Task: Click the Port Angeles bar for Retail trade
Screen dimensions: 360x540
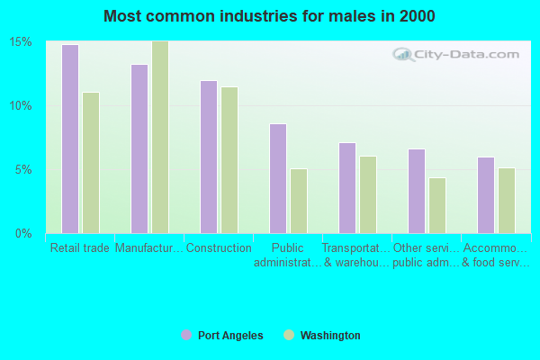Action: (69, 139)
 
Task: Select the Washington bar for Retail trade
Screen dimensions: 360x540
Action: (90, 163)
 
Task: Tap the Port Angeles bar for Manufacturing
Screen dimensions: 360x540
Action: (139, 148)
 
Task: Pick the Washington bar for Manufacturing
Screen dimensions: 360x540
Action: (159, 137)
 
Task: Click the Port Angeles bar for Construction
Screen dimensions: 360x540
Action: (208, 157)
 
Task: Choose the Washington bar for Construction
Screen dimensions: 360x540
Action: (229, 160)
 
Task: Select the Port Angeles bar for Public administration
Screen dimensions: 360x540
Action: (277, 178)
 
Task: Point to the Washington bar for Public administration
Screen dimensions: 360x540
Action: (298, 201)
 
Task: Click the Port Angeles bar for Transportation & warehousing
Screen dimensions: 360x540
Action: (346, 188)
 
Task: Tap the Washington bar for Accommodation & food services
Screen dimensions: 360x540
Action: (506, 201)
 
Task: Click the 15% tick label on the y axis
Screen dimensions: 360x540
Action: (21, 42)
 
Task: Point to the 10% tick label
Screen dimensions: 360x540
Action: (21, 106)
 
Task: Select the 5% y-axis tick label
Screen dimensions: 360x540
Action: (24, 170)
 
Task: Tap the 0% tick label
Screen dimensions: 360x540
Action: (24, 234)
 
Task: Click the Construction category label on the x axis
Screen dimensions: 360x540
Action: (219, 248)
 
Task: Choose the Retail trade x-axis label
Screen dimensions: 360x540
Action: (80, 248)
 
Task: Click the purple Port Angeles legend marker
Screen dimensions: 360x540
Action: (186, 335)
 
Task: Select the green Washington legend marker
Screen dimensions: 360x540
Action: (289, 335)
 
